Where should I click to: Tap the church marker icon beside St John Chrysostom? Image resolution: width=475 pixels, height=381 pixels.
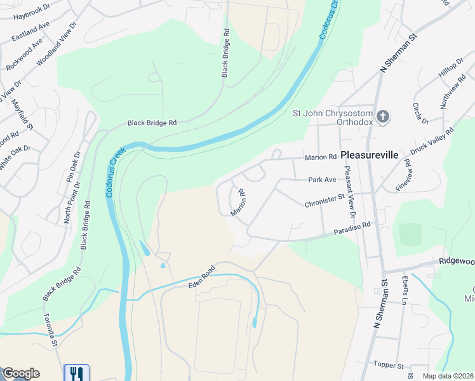pyautogui.click(x=382, y=116)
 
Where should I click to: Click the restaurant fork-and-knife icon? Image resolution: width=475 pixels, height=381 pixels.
pyautogui.click(x=76, y=373)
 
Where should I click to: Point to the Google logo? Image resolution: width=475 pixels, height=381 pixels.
pyautogui.click(x=21, y=373)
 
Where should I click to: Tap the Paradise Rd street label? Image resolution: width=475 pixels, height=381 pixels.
pyautogui.click(x=352, y=229)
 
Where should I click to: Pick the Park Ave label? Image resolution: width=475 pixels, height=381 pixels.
pyautogui.click(x=322, y=180)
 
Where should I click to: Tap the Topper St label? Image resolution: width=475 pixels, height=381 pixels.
pyautogui.click(x=388, y=366)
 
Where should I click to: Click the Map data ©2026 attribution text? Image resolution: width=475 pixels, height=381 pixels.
pyautogui.click(x=448, y=376)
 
